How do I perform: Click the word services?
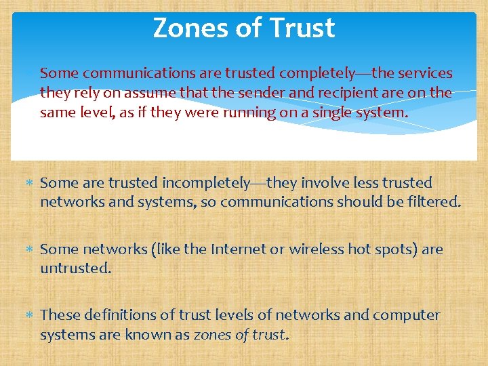tap(424, 73)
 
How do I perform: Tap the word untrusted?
tap(75, 268)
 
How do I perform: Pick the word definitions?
tap(123, 315)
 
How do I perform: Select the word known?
tap(168, 334)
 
